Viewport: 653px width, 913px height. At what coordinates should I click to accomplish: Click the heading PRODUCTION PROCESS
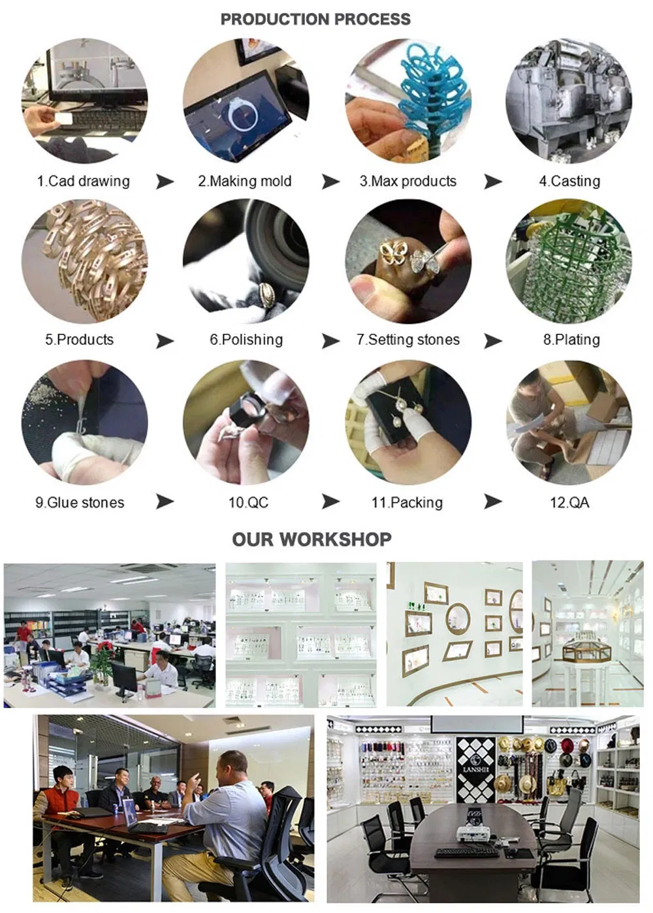(x=315, y=19)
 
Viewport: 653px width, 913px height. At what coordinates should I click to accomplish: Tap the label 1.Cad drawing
(x=83, y=181)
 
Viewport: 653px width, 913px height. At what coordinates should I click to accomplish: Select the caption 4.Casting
(x=569, y=181)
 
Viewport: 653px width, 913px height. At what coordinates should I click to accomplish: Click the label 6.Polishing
(x=246, y=339)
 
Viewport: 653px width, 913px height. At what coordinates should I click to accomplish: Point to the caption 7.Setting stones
(x=408, y=339)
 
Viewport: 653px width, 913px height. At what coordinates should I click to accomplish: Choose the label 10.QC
(x=248, y=502)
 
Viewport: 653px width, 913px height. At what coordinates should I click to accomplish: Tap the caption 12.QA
(x=569, y=502)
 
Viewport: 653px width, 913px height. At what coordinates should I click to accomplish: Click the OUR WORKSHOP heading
(x=311, y=539)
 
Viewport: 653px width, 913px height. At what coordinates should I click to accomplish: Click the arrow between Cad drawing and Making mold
(x=165, y=181)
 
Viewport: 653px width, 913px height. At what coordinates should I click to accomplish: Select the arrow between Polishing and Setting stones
(x=330, y=340)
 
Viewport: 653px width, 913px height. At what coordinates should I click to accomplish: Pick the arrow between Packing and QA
(x=493, y=502)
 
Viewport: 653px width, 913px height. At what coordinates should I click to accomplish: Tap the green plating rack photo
(x=569, y=261)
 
